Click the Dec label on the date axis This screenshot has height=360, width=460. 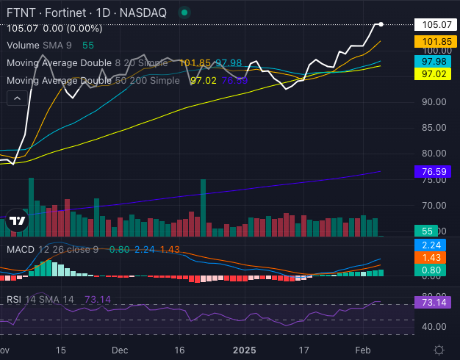121,350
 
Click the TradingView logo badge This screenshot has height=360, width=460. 17,219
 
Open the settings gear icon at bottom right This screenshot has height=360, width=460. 439,350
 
